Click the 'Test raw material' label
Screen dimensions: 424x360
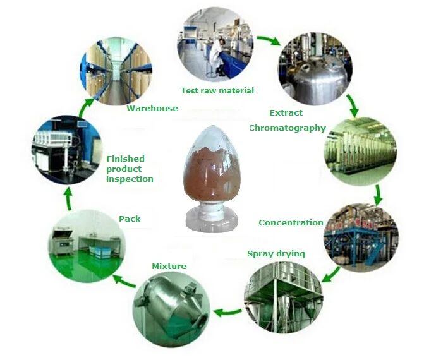(217, 90)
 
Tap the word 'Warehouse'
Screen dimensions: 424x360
(152, 109)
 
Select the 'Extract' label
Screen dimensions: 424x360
(286, 112)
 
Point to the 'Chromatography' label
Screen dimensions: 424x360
(288, 128)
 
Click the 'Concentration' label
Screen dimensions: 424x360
(291, 223)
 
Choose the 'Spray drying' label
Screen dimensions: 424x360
(276, 254)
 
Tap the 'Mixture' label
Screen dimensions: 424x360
(169, 267)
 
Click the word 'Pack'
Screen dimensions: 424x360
(130, 219)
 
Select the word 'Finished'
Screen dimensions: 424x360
(126, 159)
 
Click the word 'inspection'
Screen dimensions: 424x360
(130, 179)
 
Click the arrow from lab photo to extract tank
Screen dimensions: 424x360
(269, 40)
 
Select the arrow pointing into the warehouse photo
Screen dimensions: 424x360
(87, 107)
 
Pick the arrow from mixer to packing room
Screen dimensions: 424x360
(124, 280)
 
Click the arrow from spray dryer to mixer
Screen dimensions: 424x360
(227, 313)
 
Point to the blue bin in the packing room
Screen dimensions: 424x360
(99, 252)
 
